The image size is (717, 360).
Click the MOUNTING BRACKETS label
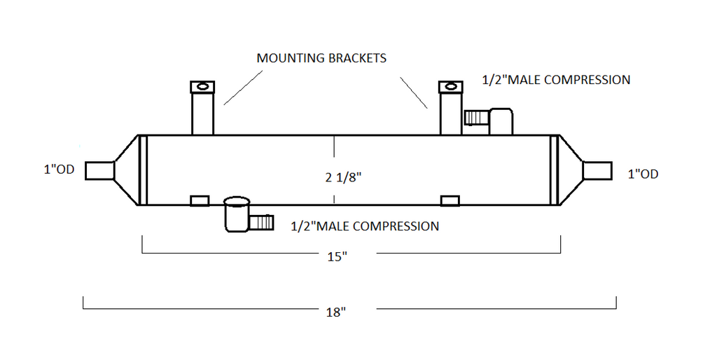coord(321,58)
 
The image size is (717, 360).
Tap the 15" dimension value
coord(337,256)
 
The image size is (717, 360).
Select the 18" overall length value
coord(336,312)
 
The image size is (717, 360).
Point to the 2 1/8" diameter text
coord(343,177)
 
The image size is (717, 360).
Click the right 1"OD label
coord(643,174)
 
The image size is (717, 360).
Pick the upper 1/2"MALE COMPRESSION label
coord(556,80)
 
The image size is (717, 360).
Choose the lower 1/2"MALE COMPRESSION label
coord(365,226)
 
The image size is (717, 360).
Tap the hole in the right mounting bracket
coord(451,87)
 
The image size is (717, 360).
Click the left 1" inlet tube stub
coord(99,171)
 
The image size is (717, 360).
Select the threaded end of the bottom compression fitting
coord(261,223)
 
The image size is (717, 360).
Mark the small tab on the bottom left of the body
coord(200,201)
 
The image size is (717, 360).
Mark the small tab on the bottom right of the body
coord(450,201)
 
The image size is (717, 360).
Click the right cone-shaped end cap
coord(571,170)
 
